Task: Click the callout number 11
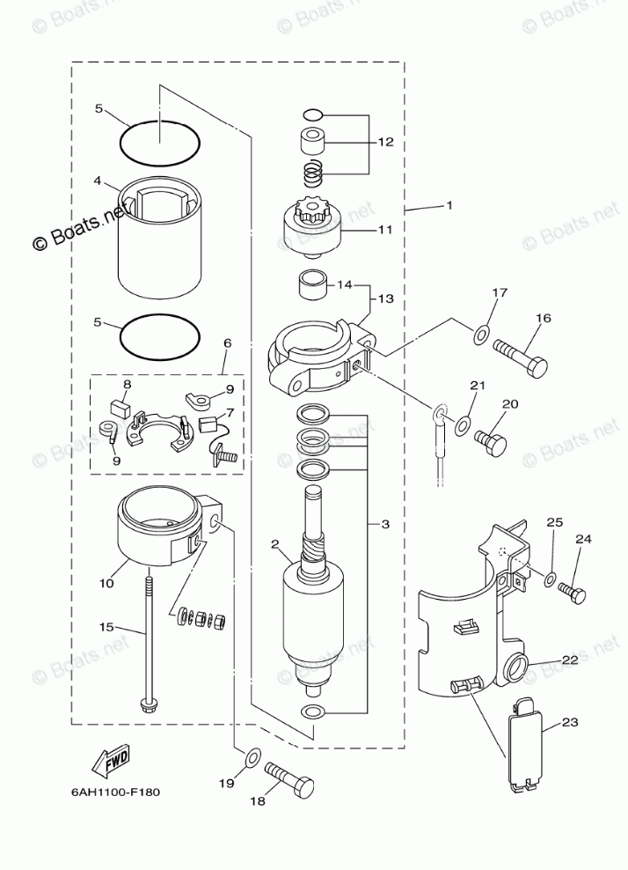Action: (x=385, y=231)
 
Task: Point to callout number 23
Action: (x=570, y=722)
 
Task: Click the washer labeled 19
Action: (x=251, y=756)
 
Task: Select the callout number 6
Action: (x=227, y=343)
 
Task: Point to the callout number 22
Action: (x=570, y=660)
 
